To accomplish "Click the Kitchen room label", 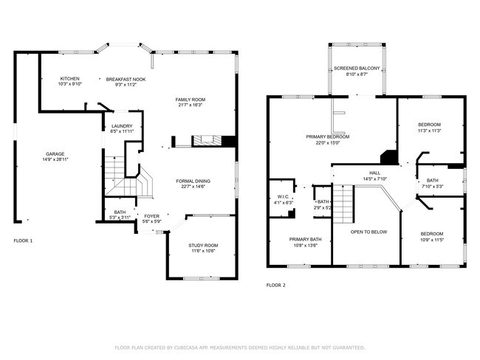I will [70, 79].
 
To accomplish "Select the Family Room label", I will [190, 100].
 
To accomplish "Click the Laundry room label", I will [122, 126].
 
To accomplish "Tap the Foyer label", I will [151, 216].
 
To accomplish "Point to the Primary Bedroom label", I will [327, 136].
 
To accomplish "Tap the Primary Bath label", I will [305, 239].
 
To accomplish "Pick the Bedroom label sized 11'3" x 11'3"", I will [430, 125].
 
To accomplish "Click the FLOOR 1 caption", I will [24, 240].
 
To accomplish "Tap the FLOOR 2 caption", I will [275, 285].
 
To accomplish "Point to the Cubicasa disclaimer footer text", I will [239, 347].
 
